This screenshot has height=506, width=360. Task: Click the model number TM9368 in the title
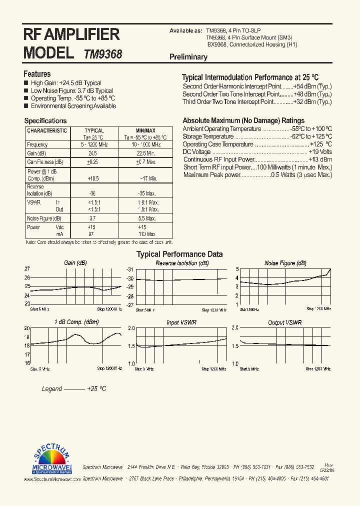tap(103, 54)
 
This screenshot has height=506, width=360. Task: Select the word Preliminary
tap(188, 57)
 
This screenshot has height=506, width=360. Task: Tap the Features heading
tap(37, 74)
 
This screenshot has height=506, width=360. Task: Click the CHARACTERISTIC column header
tap(47, 130)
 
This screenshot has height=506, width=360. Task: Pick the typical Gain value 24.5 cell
tap(92, 153)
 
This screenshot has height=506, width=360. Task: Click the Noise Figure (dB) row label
tap(44, 218)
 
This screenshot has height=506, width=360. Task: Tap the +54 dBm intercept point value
tap(312, 86)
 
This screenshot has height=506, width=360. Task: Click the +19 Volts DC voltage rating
tap(320, 151)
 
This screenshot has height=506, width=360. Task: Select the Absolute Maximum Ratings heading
tap(243, 120)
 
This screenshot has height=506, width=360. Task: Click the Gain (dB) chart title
tap(75, 263)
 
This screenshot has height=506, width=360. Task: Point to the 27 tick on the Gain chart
tap(27, 268)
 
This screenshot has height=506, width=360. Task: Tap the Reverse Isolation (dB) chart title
tap(182, 263)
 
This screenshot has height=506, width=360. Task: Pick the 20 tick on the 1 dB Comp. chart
tap(27, 328)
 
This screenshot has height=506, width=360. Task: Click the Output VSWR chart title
tap(285, 323)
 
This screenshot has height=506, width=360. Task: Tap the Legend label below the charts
tap(51, 388)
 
